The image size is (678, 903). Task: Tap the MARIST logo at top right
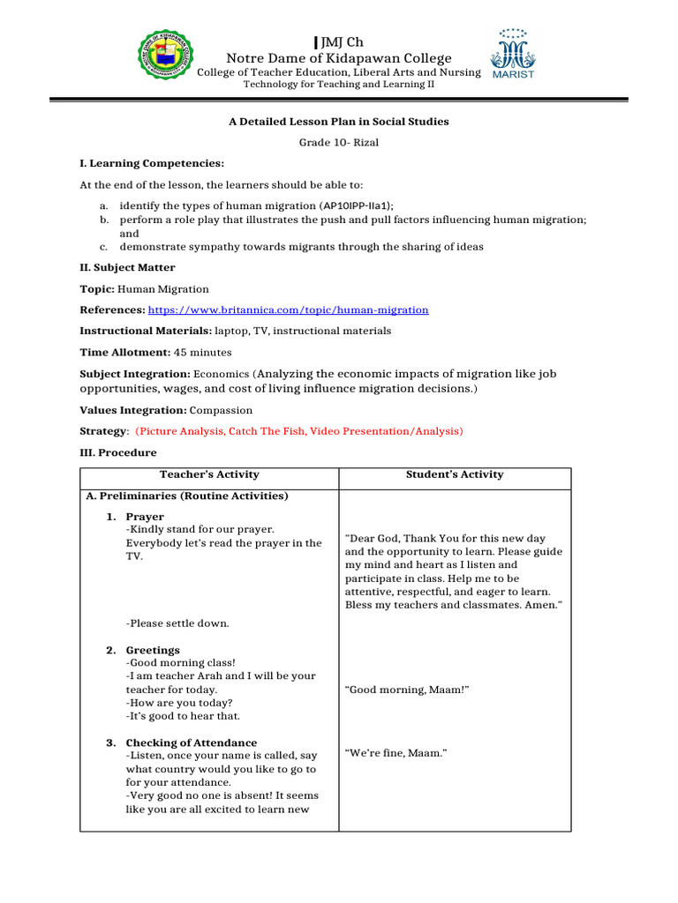click(x=512, y=55)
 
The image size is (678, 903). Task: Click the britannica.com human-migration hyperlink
click(x=288, y=310)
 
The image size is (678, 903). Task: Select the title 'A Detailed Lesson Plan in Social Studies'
click(x=339, y=122)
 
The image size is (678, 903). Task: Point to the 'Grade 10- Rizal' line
click(x=338, y=143)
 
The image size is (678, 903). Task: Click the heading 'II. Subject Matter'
click(x=127, y=268)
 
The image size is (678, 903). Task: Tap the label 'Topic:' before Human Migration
click(x=97, y=289)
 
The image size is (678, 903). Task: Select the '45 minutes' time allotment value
click(x=203, y=353)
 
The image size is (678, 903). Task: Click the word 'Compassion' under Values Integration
click(x=221, y=411)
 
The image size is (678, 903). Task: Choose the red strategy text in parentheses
click(x=298, y=432)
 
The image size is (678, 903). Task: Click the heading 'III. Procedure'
click(x=118, y=453)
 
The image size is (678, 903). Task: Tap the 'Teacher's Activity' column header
click(x=209, y=475)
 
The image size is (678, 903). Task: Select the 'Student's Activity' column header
click(x=455, y=475)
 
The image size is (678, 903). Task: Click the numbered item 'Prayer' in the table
click(x=145, y=517)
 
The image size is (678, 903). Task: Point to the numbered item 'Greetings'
click(x=153, y=651)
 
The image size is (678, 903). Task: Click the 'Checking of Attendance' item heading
click(x=192, y=743)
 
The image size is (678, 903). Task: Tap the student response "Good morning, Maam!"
click(x=407, y=690)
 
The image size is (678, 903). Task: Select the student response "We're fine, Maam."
click(x=396, y=753)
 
